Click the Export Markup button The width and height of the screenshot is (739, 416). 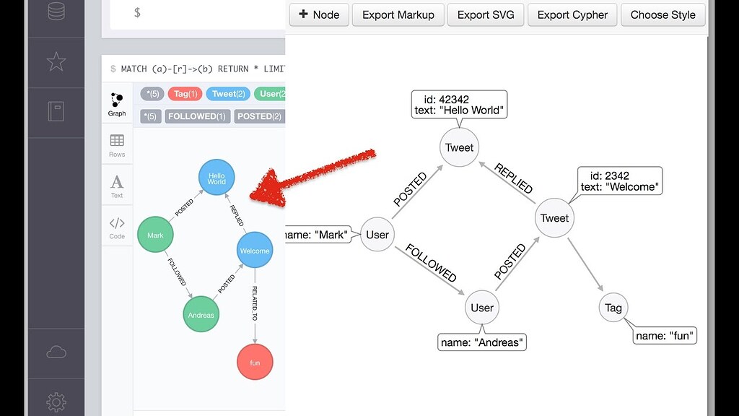click(398, 14)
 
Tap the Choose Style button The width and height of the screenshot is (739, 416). click(663, 14)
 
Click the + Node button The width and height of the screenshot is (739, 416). click(318, 14)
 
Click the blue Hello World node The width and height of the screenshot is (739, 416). click(217, 178)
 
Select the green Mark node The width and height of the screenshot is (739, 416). click(155, 235)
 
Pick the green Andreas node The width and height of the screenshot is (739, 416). click(201, 314)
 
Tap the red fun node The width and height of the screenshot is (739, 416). click(255, 362)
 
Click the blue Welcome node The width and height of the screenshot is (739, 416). click(254, 251)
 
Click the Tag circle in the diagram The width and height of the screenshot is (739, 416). click(613, 308)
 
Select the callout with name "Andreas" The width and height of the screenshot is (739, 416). click(482, 342)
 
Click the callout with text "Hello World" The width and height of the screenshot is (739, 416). click(459, 104)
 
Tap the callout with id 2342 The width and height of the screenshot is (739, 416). click(619, 181)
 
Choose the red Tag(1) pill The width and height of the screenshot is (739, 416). click(185, 94)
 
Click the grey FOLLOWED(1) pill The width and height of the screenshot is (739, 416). click(197, 116)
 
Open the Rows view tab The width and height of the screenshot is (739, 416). click(117, 144)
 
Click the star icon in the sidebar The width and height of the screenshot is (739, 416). click(56, 62)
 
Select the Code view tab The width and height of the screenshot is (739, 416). click(117, 227)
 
